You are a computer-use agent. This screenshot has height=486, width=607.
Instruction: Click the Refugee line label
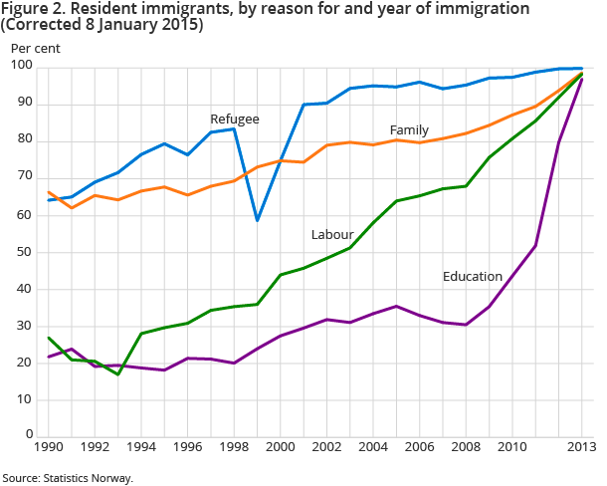[x=234, y=119]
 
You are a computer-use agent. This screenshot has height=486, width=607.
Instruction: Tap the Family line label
[x=409, y=130]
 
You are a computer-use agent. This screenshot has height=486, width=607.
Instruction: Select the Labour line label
[x=332, y=234]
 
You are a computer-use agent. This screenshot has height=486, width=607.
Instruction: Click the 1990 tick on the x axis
[x=50, y=448]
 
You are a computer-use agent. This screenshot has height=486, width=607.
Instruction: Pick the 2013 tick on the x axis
[x=580, y=448]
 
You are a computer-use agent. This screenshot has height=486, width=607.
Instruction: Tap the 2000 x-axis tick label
[x=281, y=448]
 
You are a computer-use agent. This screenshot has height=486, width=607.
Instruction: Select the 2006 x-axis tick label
[x=419, y=448]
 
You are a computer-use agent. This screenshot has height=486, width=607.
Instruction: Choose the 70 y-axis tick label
[x=23, y=177]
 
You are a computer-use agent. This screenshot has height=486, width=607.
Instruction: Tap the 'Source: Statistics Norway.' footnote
[x=67, y=477]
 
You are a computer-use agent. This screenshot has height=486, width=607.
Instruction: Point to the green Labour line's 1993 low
[x=118, y=374]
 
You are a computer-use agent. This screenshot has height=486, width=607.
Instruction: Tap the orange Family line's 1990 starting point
[x=50, y=192]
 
